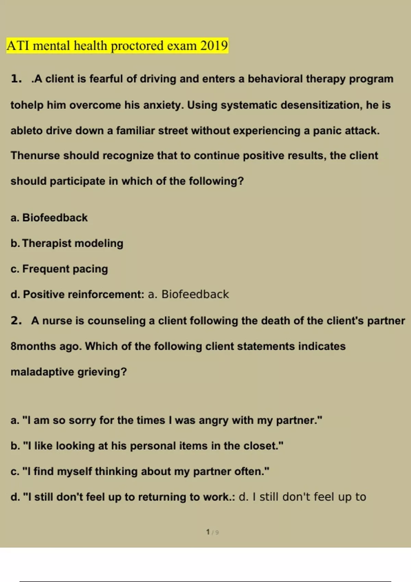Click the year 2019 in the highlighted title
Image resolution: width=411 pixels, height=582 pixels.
pos(214,46)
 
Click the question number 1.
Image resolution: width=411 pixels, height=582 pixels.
pos(16,79)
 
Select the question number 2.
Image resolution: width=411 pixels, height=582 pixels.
pos(16,320)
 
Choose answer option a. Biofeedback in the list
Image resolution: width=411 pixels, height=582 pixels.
pos(49,218)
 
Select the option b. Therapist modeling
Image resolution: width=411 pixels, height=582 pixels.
pos(67,243)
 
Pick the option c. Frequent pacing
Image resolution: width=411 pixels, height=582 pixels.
pos(60,269)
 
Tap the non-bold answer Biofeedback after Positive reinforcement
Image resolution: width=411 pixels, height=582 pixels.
pos(195,294)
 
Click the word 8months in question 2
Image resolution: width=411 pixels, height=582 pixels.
pos(33,346)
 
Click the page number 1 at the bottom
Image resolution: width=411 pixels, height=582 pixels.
pos(208,532)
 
